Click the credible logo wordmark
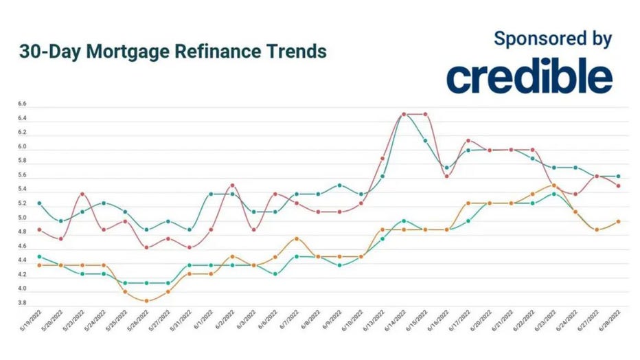click(x=529, y=78)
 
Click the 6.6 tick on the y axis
click(x=22, y=104)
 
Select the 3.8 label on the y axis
click(x=22, y=303)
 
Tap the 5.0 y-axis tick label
click(x=22, y=218)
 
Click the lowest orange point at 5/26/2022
click(x=146, y=301)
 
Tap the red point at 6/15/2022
click(x=426, y=114)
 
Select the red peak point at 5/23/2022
click(x=82, y=194)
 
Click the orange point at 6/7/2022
click(x=296, y=238)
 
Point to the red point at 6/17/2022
click(x=468, y=141)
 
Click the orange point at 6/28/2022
click(x=618, y=221)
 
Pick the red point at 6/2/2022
click(x=232, y=185)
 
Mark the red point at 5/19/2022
click(x=39, y=229)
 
